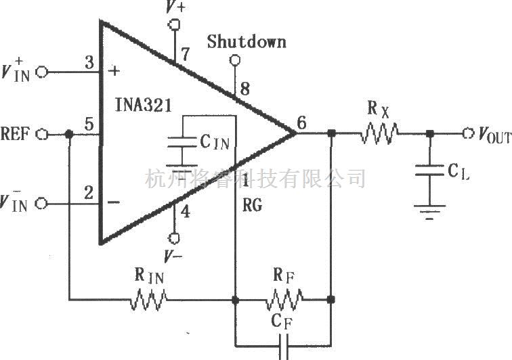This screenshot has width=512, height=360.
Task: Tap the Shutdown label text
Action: (x=247, y=42)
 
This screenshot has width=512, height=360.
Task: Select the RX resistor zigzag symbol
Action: (x=380, y=133)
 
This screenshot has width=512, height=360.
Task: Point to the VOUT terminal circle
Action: (x=468, y=133)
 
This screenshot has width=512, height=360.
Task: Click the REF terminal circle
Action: (x=41, y=134)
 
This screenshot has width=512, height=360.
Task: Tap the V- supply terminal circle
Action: (x=174, y=238)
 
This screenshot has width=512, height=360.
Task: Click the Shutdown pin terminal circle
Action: (x=235, y=60)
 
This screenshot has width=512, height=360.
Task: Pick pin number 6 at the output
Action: (x=301, y=122)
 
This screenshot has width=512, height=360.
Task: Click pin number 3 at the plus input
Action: (x=89, y=62)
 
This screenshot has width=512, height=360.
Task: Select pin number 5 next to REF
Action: (x=88, y=125)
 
